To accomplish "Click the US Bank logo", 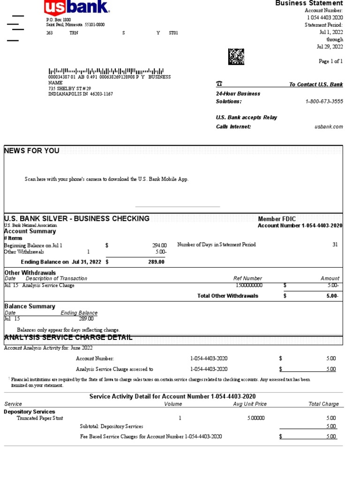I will (x=77, y=7).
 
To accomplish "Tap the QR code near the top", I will (x=236, y=56).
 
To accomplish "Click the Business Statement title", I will (x=309, y=3).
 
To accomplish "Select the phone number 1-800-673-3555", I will (x=324, y=101).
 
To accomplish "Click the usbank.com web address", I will (x=329, y=127).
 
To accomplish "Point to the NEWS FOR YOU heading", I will (x=32, y=150).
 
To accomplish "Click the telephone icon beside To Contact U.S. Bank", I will (x=219, y=84).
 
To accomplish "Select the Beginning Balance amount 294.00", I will (x=159, y=245).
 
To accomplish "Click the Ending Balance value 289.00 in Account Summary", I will (x=157, y=262).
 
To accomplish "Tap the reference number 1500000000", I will (x=249, y=285).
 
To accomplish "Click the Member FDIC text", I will (x=277, y=219).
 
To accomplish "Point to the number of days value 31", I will (x=335, y=245).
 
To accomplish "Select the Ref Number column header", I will (x=247, y=278).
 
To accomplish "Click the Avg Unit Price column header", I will (x=250, y=404).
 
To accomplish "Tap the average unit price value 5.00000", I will (x=256, y=418).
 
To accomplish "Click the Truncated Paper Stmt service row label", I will (x=40, y=418).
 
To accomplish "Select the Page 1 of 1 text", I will (x=331, y=61).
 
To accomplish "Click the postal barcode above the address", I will (x=106, y=70).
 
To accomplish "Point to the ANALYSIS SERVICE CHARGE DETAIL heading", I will (x=68, y=338).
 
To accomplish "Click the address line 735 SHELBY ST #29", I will (x=70, y=88).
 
